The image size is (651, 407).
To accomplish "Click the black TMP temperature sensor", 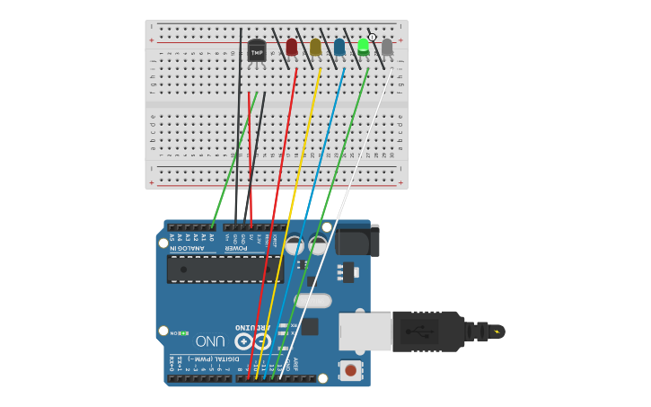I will [257, 51].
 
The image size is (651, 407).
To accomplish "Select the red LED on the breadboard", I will [291, 47].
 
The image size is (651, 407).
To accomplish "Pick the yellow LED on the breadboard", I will [315, 47].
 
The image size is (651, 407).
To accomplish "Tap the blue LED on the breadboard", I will [339, 47].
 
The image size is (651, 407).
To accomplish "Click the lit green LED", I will [363, 46].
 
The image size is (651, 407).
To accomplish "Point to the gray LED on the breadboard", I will [387, 47].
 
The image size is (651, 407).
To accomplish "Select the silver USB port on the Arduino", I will [365, 331].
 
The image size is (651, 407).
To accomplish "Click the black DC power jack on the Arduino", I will [357, 240].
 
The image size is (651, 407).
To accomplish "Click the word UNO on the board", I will [210, 341].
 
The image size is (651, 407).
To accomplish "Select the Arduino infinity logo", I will [252, 341].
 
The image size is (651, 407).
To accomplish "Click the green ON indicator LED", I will [183, 333].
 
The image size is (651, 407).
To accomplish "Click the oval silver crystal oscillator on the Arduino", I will [312, 300].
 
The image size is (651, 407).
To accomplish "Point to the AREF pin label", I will [295, 365].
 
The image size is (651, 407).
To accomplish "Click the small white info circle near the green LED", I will [373, 37].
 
